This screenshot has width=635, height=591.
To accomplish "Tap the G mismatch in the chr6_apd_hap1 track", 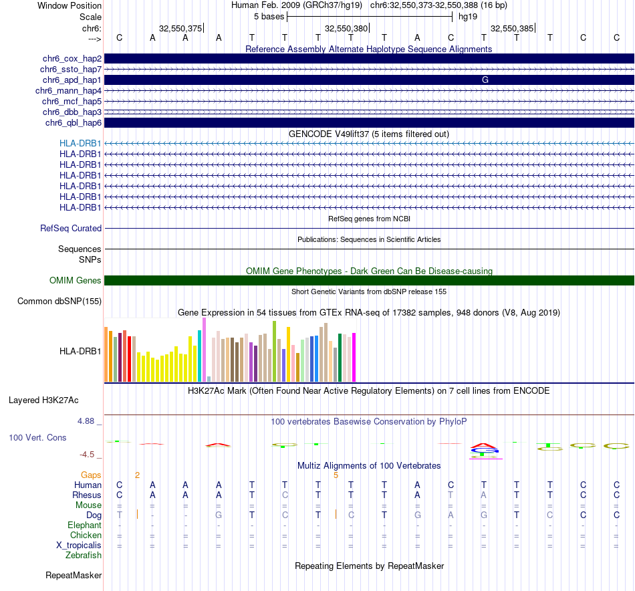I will [485, 80].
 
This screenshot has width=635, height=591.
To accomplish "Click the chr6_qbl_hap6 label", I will [74, 123].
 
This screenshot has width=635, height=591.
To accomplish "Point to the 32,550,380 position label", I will [346, 29].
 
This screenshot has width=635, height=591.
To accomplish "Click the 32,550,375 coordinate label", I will [180, 29].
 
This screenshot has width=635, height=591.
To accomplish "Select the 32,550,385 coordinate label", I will [512, 29].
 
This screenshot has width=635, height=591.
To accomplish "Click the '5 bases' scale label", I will [269, 16].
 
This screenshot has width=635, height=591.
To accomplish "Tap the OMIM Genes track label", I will [76, 281].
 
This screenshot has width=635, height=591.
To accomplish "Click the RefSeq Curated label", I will [71, 229].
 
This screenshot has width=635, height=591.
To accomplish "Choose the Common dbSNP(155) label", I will [59, 302].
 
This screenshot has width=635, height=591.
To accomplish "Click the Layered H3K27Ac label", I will [43, 400].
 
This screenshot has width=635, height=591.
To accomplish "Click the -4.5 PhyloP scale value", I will [88, 455].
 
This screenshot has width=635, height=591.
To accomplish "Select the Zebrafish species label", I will [84, 556].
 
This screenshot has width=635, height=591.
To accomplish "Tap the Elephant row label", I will [84, 525].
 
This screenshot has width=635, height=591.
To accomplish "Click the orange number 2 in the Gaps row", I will [137, 475].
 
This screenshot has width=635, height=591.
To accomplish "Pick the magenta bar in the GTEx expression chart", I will [354, 357].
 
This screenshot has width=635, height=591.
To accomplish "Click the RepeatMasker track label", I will [74, 576].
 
